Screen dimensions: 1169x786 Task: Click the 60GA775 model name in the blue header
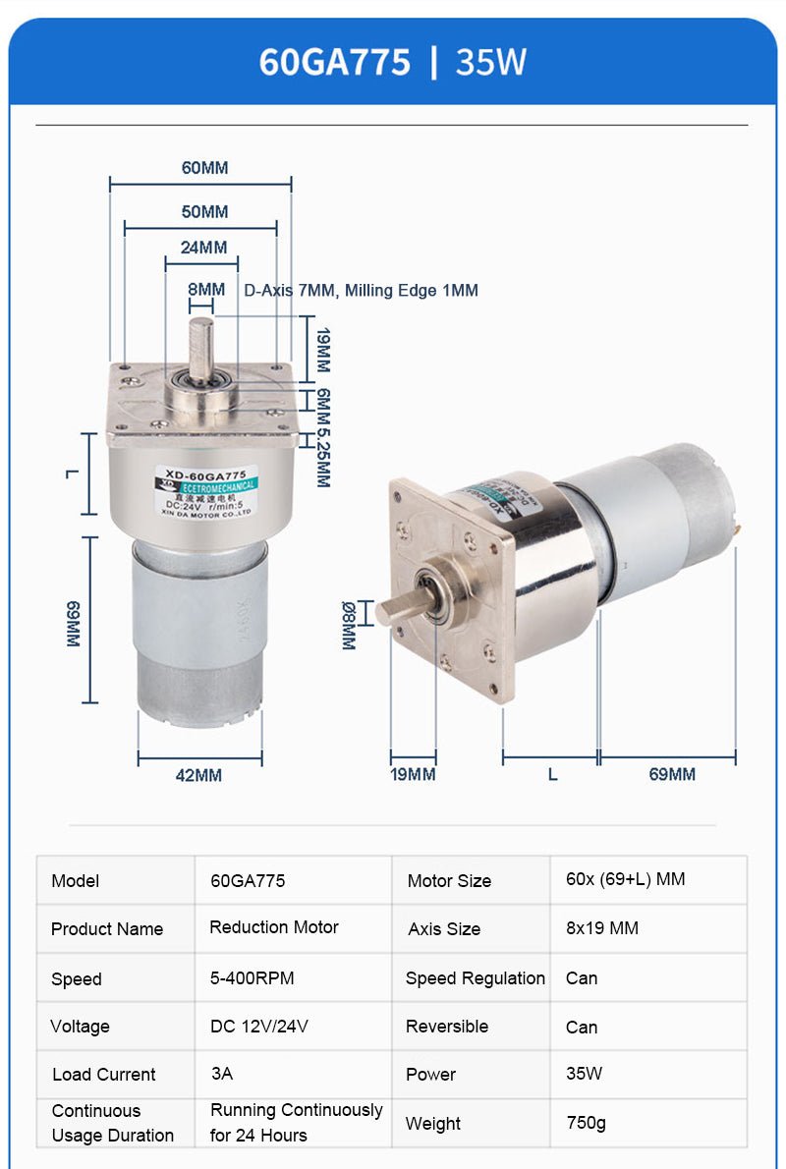[335, 62]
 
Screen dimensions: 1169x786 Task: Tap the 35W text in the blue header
[491, 62]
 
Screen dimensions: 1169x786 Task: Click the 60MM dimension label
[204, 168]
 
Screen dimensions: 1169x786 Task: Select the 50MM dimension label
[204, 212]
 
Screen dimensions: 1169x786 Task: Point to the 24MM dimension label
[203, 248]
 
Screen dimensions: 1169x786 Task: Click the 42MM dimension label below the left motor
[198, 775]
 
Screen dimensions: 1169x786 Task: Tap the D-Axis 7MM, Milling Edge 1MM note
[361, 291]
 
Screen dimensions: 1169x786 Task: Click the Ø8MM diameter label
[349, 625]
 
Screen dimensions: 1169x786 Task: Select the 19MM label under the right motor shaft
[413, 774]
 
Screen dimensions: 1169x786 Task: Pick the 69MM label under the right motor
[672, 774]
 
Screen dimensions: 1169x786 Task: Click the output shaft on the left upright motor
[201, 349]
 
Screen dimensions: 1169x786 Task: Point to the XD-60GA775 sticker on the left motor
[204, 489]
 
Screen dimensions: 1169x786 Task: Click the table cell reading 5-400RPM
[253, 978]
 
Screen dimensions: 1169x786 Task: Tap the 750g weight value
[587, 1123]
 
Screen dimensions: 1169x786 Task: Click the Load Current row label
[103, 1075]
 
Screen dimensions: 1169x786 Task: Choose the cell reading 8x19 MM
[602, 928]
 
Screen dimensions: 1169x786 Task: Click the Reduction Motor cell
[274, 927]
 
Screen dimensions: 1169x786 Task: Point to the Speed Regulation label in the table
[476, 978]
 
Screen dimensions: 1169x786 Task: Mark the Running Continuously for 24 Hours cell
[296, 1122]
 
